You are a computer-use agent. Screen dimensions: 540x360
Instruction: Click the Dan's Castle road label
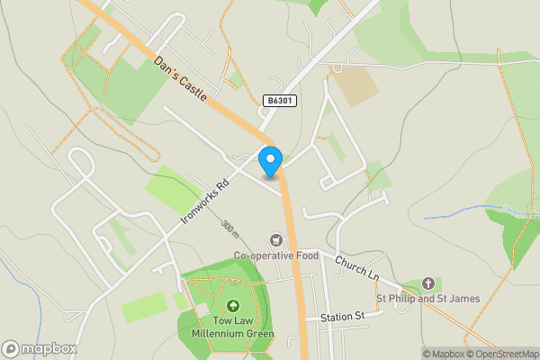(181, 78)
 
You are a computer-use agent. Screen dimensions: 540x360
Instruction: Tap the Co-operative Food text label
(276, 256)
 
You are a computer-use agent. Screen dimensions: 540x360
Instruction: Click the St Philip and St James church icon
(427, 283)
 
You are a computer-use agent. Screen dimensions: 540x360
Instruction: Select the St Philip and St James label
(427, 299)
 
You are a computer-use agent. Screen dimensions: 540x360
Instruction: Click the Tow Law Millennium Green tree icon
(233, 306)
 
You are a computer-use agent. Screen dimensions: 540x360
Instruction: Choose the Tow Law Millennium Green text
(232, 328)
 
